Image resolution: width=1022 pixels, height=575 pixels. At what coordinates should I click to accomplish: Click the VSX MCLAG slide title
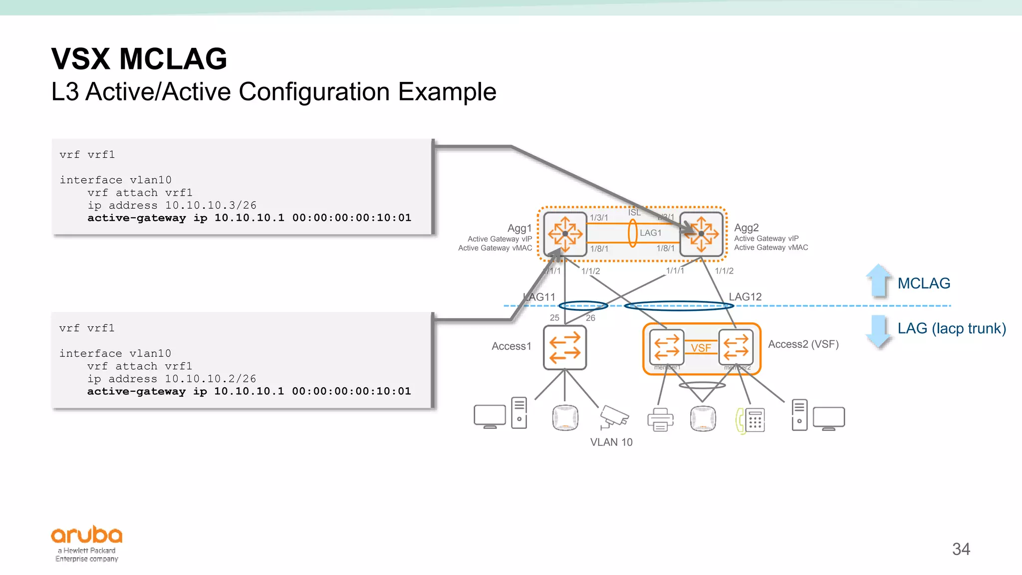tap(139, 59)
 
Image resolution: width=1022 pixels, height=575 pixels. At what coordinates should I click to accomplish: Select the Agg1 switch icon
tap(565, 234)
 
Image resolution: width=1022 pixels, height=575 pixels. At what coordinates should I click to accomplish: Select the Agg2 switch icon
tap(702, 234)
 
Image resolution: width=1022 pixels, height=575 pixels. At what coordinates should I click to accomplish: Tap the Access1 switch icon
tap(565, 347)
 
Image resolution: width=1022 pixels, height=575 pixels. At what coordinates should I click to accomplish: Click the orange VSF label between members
tap(701, 348)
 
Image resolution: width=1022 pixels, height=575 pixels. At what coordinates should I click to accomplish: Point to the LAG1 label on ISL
tap(651, 233)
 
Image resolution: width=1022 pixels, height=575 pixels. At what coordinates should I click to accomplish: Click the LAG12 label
tap(745, 296)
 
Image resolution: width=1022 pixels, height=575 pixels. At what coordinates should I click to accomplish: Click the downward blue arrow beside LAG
tap(878, 331)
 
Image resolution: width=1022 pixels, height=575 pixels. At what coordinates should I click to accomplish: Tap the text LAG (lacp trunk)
tap(952, 328)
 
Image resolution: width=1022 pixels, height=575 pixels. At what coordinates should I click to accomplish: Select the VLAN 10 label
tap(611, 442)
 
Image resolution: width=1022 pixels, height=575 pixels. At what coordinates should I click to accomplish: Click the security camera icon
tap(613, 417)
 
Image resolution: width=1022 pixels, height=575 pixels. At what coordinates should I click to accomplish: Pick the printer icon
tap(660, 419)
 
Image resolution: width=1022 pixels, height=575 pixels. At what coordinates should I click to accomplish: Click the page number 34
tap(961, 549)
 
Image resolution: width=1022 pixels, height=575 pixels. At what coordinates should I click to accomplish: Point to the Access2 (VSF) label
tap(803, 344)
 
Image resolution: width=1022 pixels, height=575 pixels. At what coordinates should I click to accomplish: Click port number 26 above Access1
tap(590, 318)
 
